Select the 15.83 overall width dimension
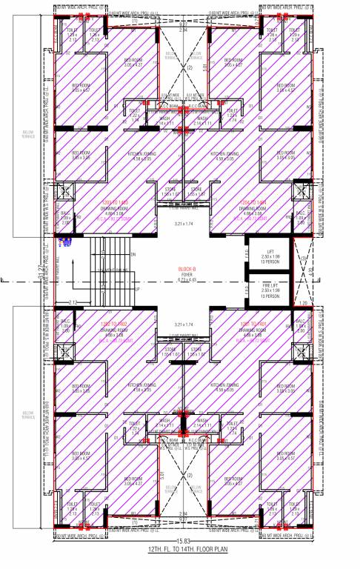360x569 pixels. click(x=180, y=539)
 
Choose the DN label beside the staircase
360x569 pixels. click(x=133, y=256)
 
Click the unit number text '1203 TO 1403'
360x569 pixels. click(x=115, y=202)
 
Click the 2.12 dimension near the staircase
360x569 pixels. click(x=73, y=303)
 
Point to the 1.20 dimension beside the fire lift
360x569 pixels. click(x=302, y=303)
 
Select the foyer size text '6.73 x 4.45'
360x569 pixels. click(x=180, y=279)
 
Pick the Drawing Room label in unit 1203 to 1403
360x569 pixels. click(x=115, y=208)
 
